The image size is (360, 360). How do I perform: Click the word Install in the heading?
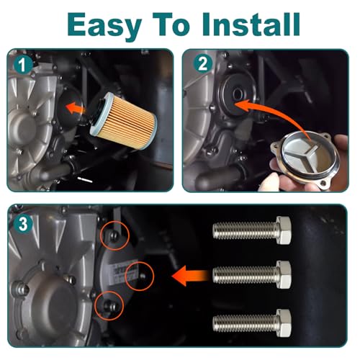(x=251, y=24)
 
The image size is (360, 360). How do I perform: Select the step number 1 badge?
(x=23, y=65)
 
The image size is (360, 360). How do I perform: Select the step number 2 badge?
(x=203, y=63)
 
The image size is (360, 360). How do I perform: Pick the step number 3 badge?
(x=23, y=224)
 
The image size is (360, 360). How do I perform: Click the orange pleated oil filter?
(x=123, y=121)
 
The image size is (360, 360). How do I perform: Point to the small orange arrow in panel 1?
(x=76, y=109)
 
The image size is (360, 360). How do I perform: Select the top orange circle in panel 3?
(x=114, y=236)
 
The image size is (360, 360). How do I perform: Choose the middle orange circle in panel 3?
(x=140, y=276)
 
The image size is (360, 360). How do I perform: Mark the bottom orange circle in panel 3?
(x=109, y=305)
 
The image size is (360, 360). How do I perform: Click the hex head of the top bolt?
(x=284, y=230)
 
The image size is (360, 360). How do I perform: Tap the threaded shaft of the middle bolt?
(x=246, y=274)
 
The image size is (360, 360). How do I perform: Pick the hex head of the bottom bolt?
(x=284, y=323)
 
